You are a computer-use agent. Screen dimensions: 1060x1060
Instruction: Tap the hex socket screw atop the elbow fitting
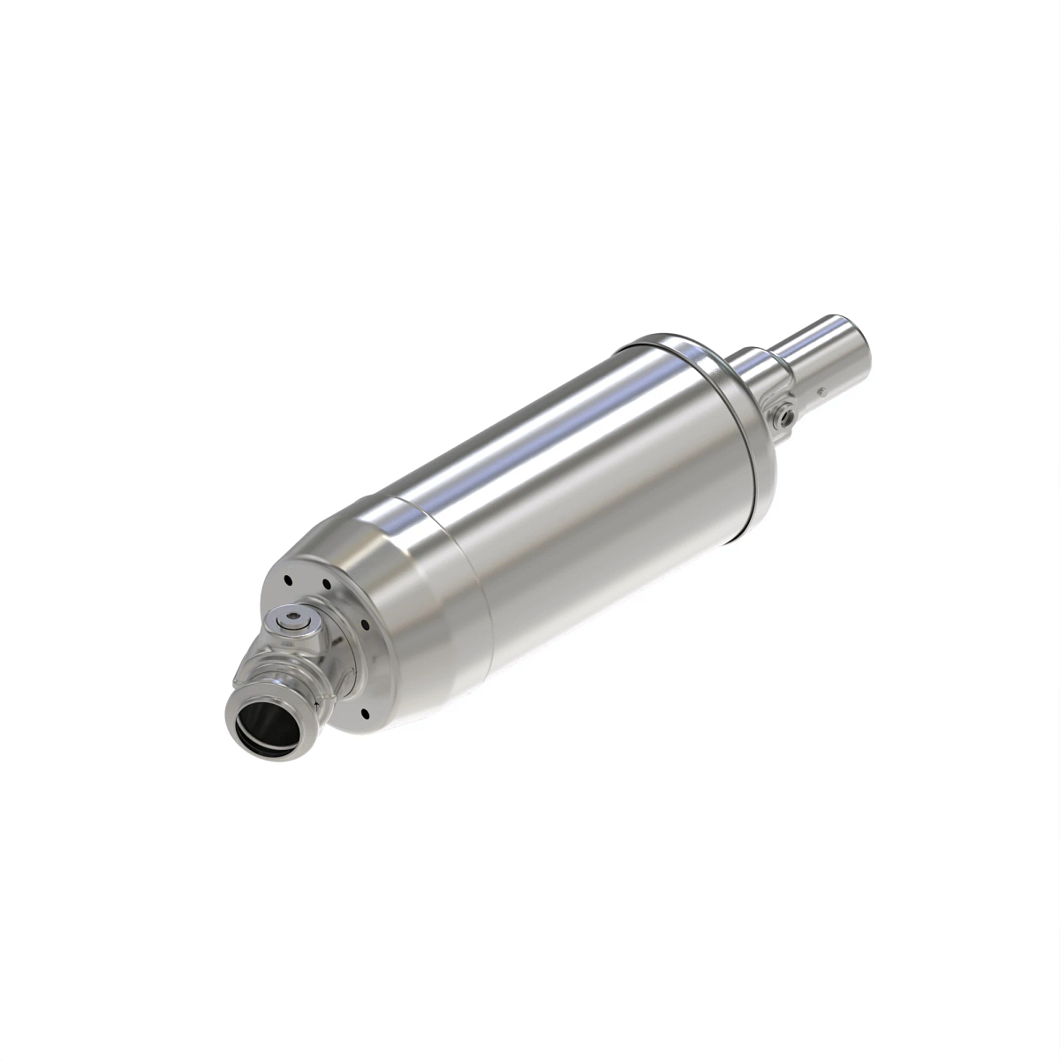click(x=291, y=620)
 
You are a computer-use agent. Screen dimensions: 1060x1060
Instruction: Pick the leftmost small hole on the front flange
click(x=288, y=580)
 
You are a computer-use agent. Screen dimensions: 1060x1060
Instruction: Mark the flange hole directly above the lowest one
click(x=363, y=625)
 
